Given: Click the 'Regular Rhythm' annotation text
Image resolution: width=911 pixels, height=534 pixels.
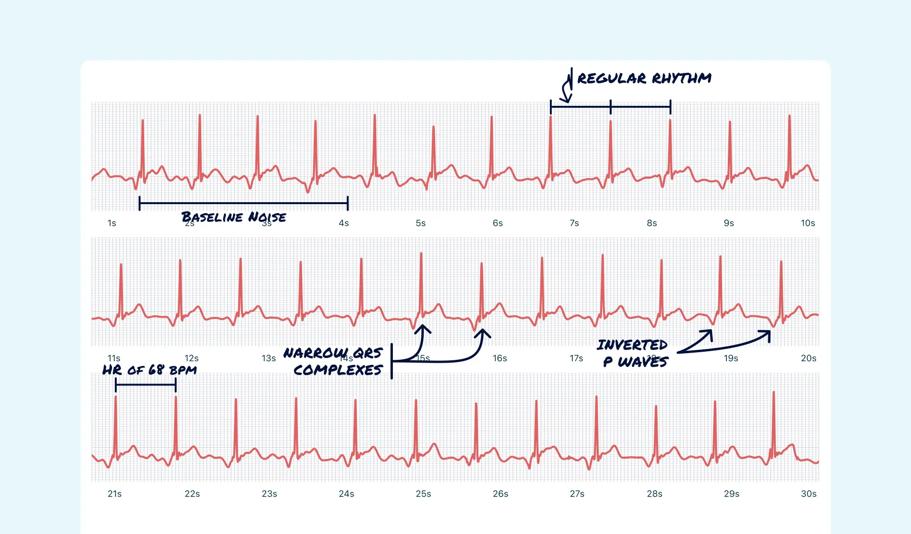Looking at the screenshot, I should click(x=644, y=78).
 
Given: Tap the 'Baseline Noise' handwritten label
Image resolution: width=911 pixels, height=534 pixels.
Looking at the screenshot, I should click(x=233, y=217).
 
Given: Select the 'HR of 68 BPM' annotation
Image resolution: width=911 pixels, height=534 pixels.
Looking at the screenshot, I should click(x=149, y=370).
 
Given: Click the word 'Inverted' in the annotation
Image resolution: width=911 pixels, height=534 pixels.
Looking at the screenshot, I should click(x=632, y=345).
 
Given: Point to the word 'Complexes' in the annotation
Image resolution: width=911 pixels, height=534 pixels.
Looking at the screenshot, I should click(x=338, y=370).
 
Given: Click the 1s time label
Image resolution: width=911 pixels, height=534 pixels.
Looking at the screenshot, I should click(x=112, y=223).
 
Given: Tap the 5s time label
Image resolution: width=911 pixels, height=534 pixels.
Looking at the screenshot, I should click(x=420, y=223).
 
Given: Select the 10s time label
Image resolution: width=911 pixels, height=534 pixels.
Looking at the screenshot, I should click(x=808, y=223).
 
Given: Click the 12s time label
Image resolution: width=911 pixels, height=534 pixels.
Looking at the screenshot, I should click(x=191, y=358).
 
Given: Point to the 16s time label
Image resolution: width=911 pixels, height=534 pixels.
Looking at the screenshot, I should click(x=500, y=358).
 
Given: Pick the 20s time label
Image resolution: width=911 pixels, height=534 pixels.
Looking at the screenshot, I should click(x=809, y=358).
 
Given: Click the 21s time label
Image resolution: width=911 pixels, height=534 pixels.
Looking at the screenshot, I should click(x=114, y=494).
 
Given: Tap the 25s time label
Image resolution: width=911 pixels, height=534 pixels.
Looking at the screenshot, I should click(x=423, y=494).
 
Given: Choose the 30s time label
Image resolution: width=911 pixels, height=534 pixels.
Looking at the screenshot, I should click(x=809, y=494).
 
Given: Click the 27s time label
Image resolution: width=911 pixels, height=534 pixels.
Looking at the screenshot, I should click(x=577, y=494).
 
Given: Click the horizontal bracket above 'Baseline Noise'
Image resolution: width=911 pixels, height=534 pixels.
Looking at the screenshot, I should click(x=243, y=203).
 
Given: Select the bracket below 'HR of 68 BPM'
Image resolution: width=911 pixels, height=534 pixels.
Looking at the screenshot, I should click(x=146, y=384).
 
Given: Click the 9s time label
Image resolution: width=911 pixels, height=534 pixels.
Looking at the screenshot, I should click(x=729, y=223).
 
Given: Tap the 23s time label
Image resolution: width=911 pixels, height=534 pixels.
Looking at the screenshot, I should click(x=269, y=494).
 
